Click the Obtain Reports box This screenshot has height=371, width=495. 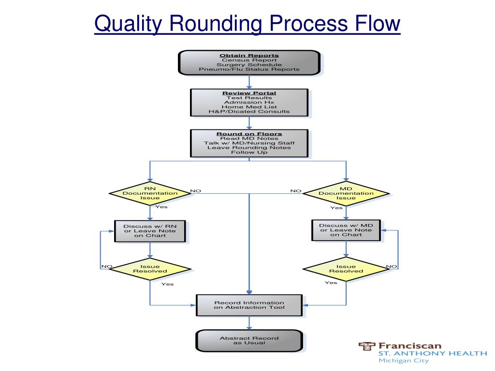click(249, 62)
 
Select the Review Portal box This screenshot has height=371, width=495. click(249, 102)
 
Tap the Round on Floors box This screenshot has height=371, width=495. click(249, 143)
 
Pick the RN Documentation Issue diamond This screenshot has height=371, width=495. click(150, 193)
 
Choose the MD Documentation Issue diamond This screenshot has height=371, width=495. click(346, 193)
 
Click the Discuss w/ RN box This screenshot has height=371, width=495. click(150, 231)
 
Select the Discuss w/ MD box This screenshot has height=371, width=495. click(346, 230)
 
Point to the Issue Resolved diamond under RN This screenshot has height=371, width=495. click(150, 269)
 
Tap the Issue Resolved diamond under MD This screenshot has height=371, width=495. click(346, 269)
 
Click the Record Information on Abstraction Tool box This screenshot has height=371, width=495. click(249, 305)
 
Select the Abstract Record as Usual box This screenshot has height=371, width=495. click(249, 341)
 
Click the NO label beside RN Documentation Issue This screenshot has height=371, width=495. click(196, 191)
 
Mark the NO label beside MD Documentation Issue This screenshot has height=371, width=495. click(296, 191)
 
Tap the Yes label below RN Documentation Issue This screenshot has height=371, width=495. click(161, 207)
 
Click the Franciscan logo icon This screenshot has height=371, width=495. click(367, 346)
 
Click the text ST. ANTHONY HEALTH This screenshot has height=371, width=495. click(432, 353)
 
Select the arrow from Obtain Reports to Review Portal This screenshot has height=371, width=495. click(249, 82)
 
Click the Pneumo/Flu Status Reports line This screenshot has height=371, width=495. click(249, 69)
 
